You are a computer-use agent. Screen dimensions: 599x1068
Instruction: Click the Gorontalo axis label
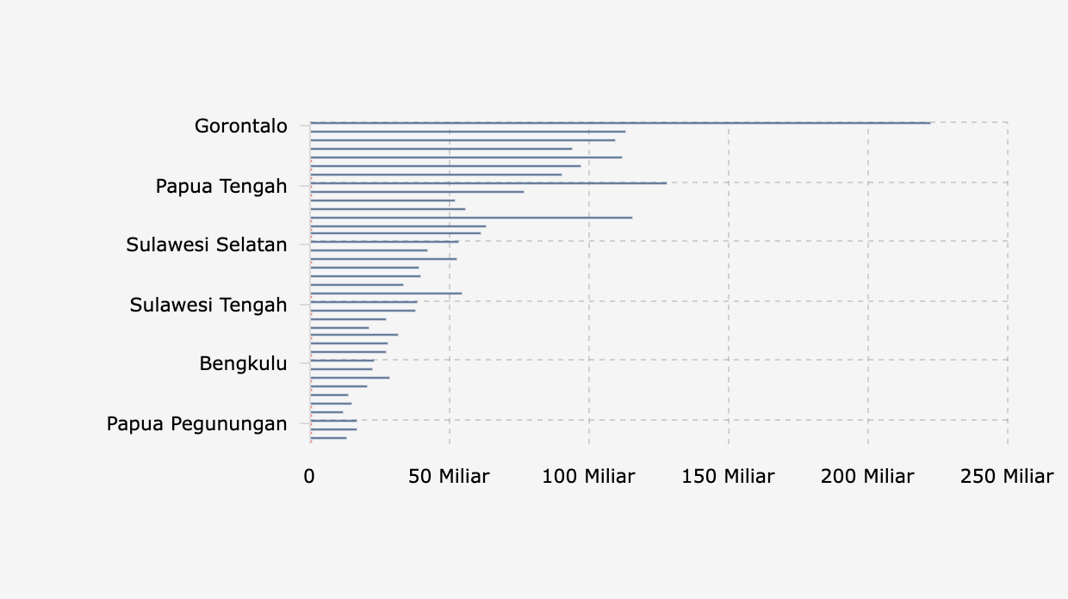(x=241, y=127)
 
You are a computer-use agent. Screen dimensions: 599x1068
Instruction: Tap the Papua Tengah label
(x=221, y=186)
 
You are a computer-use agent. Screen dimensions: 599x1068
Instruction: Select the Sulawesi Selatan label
(x=207, y=245)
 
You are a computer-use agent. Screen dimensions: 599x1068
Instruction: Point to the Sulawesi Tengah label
(x=208, y=305)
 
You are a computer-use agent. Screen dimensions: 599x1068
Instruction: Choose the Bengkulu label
(x=243, y=364)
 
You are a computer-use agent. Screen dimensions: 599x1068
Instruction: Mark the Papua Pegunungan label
(x=197, y=423)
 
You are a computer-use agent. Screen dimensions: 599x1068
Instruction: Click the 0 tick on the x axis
(x=309, y=477)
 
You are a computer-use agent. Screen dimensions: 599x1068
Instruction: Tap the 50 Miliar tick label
(x=449, y=477)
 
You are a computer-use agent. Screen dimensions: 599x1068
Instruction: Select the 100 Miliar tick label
(x=588, y=477)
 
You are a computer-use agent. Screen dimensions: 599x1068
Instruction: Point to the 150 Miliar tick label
(x=728, y=477)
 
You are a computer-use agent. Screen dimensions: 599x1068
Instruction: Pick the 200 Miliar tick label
(x=867, y=477)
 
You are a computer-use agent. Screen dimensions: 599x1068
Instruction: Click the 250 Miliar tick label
(x=1007, y=477)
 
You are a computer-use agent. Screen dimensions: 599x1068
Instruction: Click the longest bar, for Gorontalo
(x=620, y=123)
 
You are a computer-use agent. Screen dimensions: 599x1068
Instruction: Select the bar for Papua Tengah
(x=488, y=183)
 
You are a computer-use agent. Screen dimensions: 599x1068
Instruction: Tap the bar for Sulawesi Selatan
(x=384, y=242)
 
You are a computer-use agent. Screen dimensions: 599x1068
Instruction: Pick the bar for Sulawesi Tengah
(x=363, y=302)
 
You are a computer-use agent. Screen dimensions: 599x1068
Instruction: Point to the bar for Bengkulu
(x=342, y=361)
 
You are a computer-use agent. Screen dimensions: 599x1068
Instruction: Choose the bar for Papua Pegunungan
(x=333, y=421)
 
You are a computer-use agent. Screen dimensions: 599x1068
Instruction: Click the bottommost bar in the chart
(x=328, y=438)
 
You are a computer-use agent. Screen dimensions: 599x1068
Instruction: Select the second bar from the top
(x=468, y=132)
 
